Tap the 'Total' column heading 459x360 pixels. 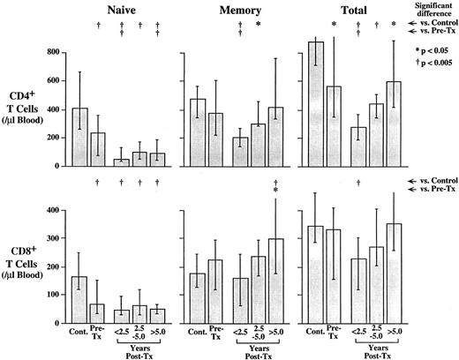(349, 10)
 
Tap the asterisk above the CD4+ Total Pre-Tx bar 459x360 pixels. (335, 24)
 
